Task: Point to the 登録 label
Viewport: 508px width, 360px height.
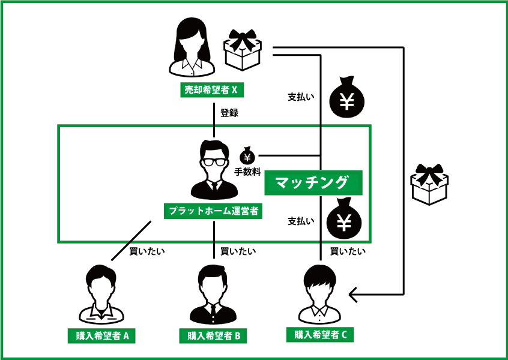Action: (x=229, y=112)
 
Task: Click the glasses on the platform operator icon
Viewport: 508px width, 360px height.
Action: (x=214, y=161)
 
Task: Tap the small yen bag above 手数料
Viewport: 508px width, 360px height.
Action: (x=247, y=157)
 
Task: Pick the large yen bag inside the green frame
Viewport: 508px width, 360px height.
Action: (x=343, y=219)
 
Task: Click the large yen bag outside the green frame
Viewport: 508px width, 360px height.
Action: (x=347, y=97)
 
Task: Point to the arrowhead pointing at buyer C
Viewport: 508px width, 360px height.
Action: (x=354, y=294)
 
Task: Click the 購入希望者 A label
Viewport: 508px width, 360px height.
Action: (x=101, y=336)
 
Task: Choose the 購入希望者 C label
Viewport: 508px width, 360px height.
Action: (x=320, y=335)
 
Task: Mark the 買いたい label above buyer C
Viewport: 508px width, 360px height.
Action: (x=347, y=251)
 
